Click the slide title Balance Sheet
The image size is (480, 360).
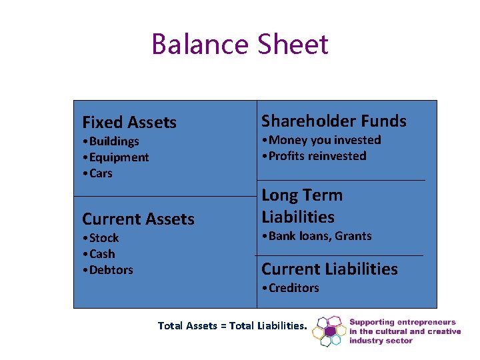coord(240,45)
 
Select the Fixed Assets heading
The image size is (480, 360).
coord(129,123)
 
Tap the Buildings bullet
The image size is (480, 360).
coord(111,141)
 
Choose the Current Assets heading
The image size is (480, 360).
coord(138,219)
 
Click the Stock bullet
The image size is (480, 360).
coord(101,238)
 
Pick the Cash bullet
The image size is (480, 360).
coord(99,254)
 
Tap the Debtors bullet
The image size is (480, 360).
coord(107,270)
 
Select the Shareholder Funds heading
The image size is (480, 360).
coord(333,121)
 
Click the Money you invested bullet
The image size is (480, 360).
coord(321,140)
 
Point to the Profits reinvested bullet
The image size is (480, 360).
coord(314,156)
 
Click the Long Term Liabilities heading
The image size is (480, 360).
coord(302,206)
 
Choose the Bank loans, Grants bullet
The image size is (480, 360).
coord(317,236)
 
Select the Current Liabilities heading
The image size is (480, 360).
coord(329,269)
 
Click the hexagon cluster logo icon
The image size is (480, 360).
coord(328,331)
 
